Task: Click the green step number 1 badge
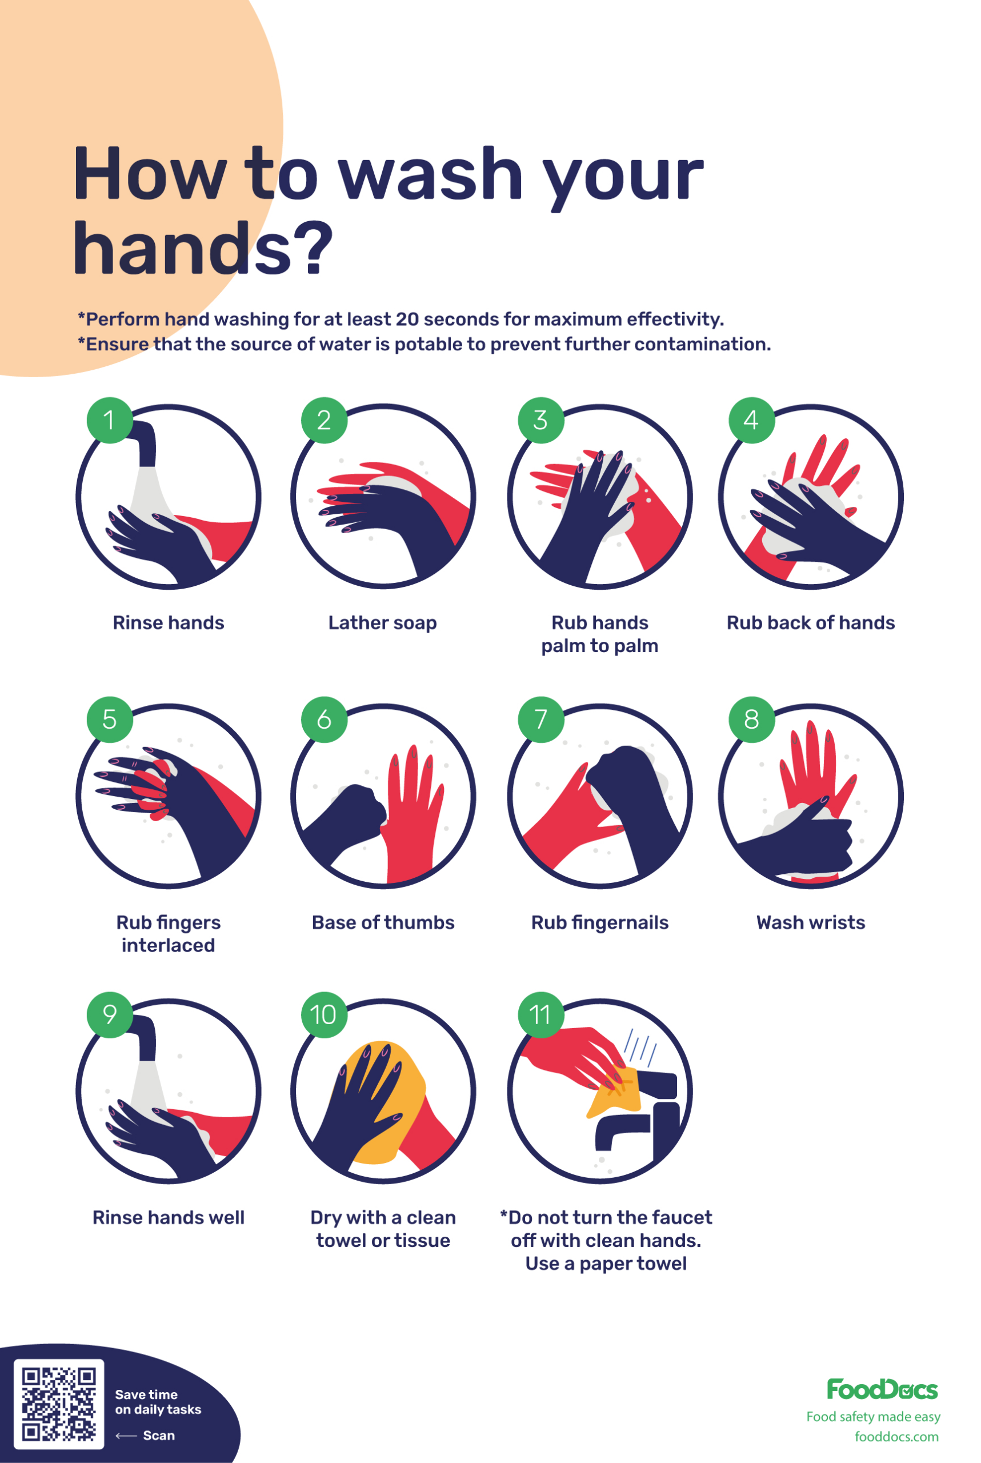click(110, 420)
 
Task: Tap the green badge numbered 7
click(540, 719)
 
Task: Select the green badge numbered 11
click(540, 1014)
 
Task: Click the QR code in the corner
click(59, 1404)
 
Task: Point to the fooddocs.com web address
click(896, 1436)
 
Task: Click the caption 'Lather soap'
click(382, 622)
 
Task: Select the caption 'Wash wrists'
click(810, 922)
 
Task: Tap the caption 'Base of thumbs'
click(383, 922)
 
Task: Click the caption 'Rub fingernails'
click(599, 922)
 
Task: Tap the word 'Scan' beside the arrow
click(159, 1435)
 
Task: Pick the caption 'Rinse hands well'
click(169, 1217)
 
